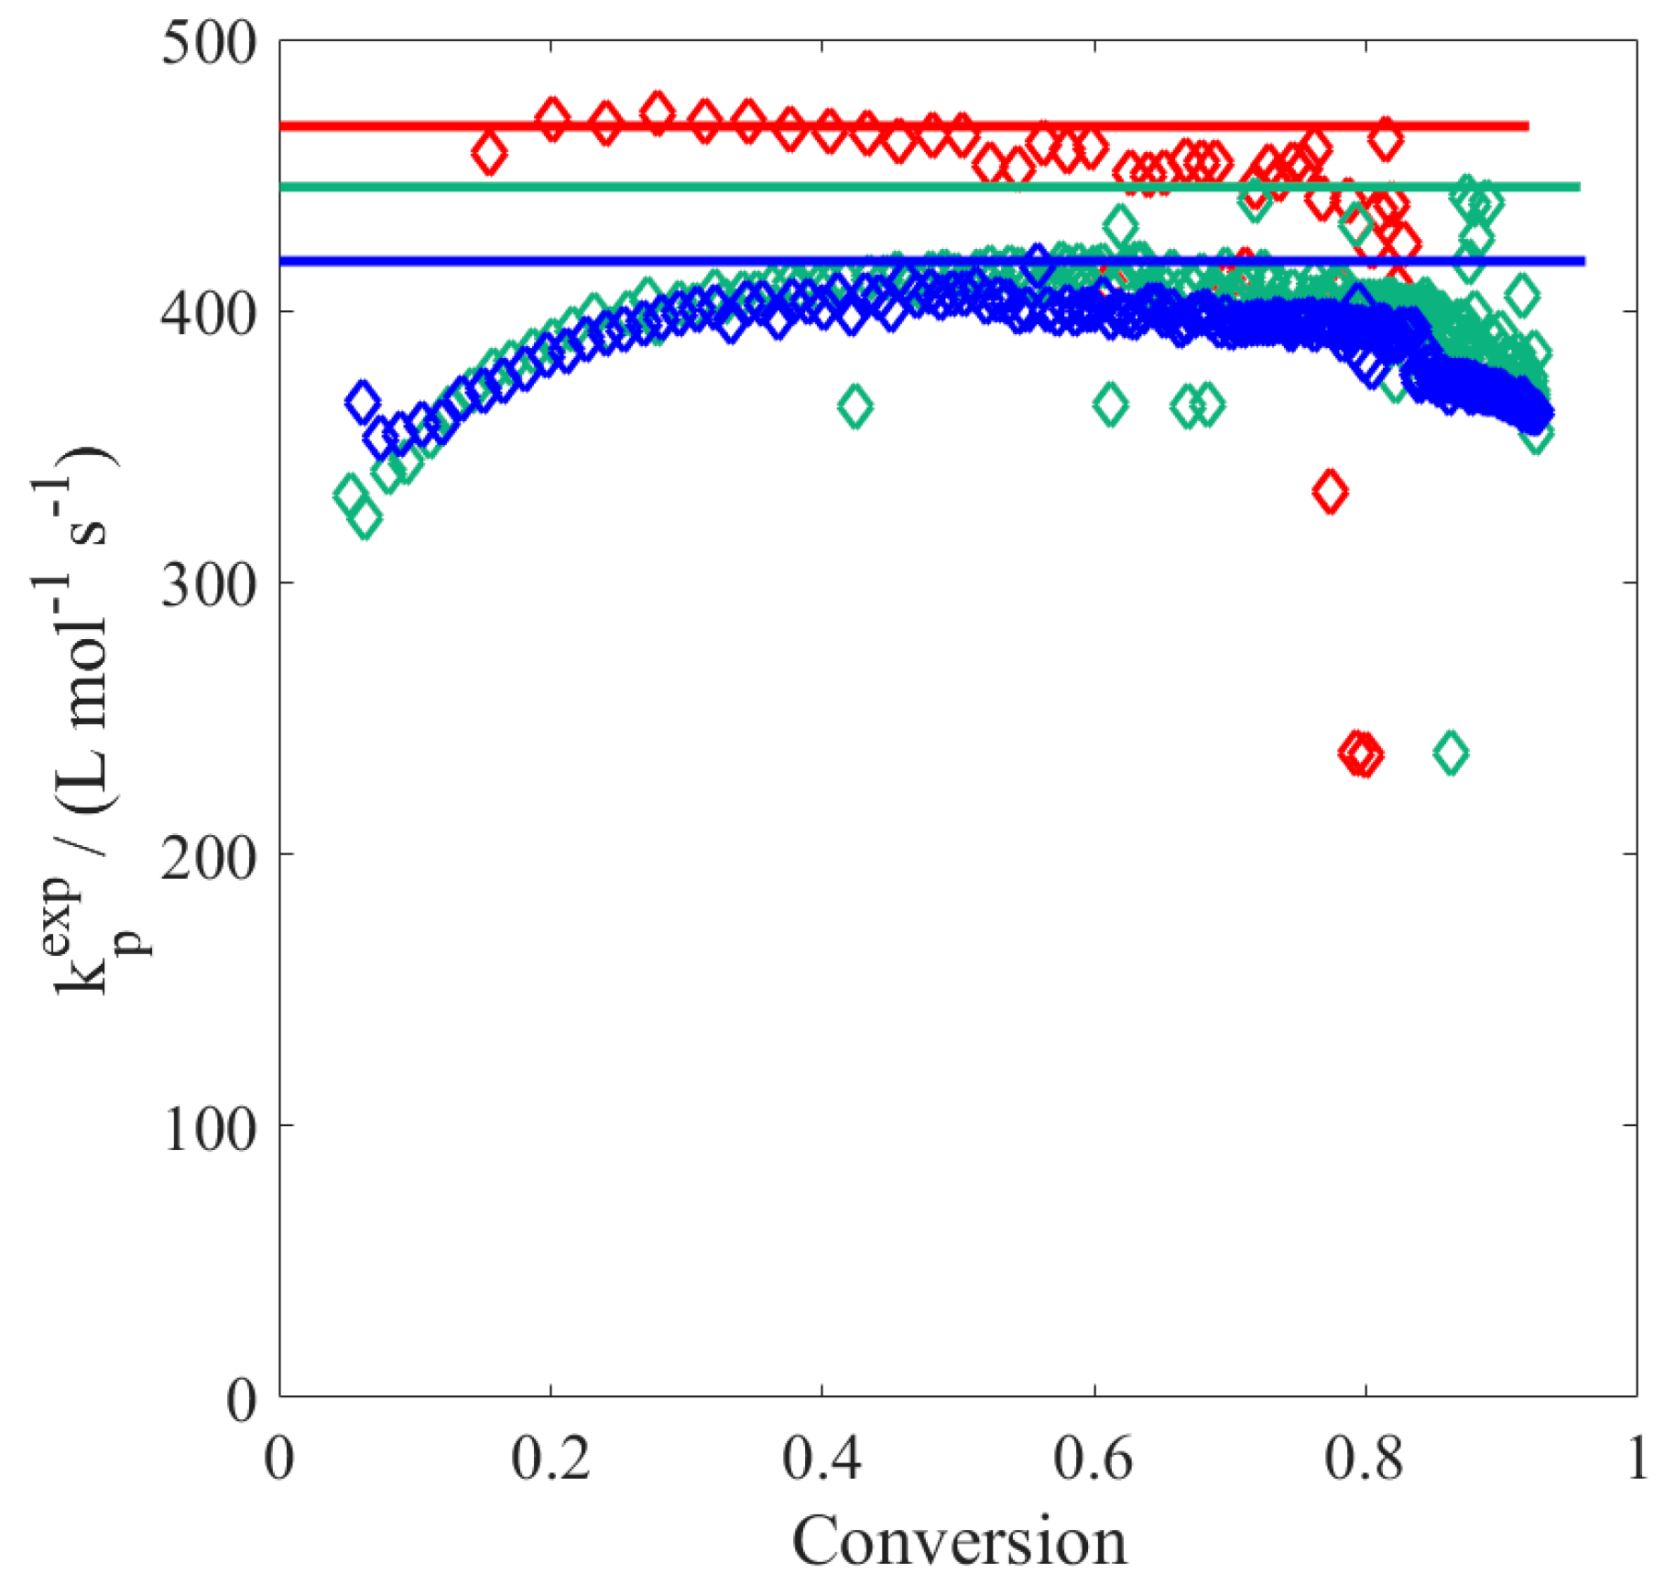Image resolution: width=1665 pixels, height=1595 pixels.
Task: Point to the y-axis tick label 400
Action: [208, 313]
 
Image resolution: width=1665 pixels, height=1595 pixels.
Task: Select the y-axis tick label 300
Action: [208, 583]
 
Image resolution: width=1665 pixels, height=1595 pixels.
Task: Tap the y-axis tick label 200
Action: [208, 855]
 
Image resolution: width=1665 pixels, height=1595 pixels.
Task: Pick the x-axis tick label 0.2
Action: [550, 1456]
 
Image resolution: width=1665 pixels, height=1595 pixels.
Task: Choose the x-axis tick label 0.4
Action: [822, 1456]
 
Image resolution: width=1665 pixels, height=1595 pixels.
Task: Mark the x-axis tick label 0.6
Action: [1093, 1456]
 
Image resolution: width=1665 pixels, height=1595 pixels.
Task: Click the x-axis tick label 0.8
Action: [1364, 1456]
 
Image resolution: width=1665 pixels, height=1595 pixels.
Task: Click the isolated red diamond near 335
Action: [1330, 492]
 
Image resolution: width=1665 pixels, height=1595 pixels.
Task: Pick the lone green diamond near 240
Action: [1451, 754]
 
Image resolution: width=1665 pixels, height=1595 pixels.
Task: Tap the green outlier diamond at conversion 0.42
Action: [855, 407]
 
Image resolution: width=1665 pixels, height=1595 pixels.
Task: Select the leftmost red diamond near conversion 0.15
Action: [489, 153]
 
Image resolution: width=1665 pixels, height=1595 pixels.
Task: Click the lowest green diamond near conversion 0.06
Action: [365, 519]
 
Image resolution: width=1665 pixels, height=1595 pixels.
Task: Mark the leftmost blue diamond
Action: [363, 402]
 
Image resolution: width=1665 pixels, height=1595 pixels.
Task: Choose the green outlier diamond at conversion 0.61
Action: [1111, 404]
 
